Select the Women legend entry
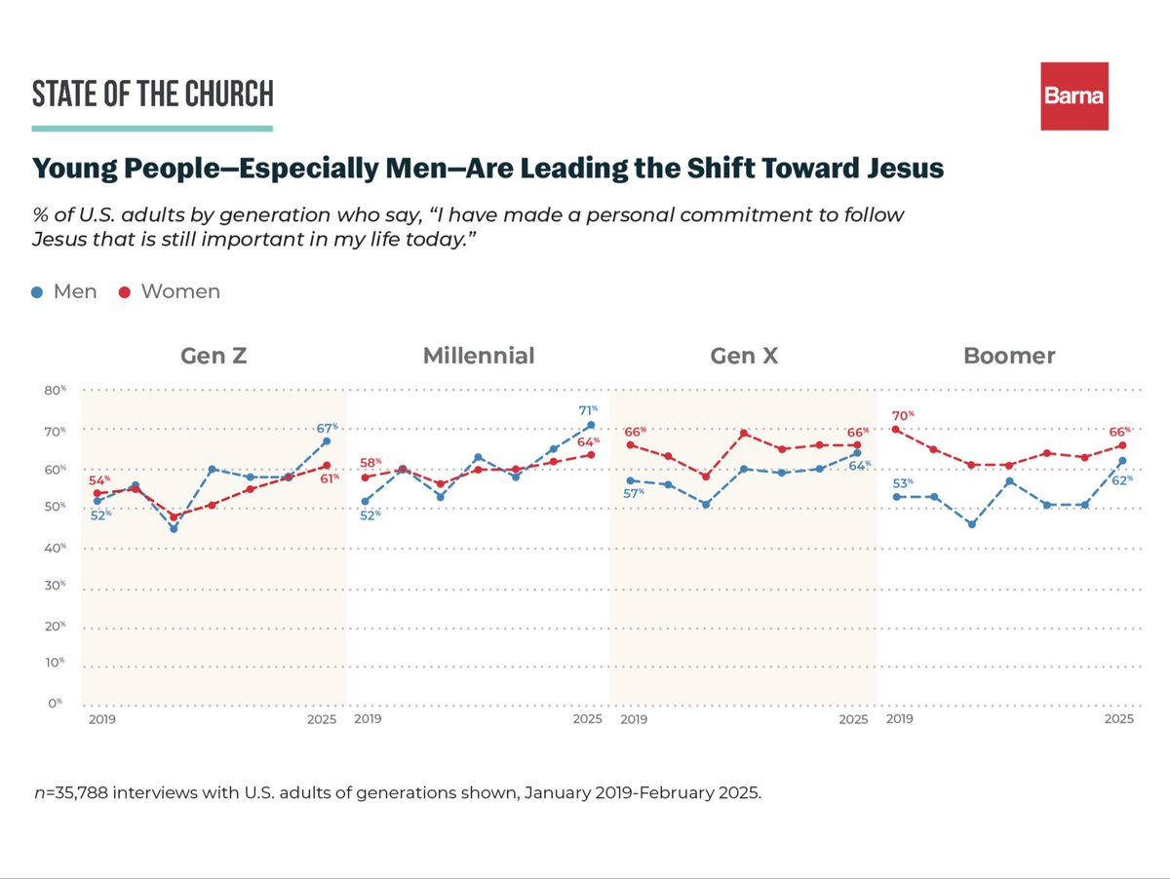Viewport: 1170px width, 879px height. (x=170, y=291)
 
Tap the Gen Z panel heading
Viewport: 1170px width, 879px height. (x=214, y=356)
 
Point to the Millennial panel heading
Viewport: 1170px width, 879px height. (x=479, y=356)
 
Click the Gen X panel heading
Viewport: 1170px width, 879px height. (x=744, y=356)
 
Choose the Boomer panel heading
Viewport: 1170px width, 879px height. (x=1009, y=356)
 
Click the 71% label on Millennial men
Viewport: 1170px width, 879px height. (x=588, y=410)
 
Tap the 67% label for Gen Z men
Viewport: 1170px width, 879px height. (x=327, y=427)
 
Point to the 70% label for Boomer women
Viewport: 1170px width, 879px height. (x=900, y=414)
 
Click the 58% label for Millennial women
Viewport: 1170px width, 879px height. (x=370, y=462)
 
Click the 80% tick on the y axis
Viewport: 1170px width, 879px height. (x=56, y=390)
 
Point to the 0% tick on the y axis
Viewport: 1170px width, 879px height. (x=56, y=702)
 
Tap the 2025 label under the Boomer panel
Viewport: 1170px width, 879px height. (x=1118, y=719)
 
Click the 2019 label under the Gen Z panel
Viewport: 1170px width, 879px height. (x=98, y=719)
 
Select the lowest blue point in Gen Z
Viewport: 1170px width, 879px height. (x=174, y=528)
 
